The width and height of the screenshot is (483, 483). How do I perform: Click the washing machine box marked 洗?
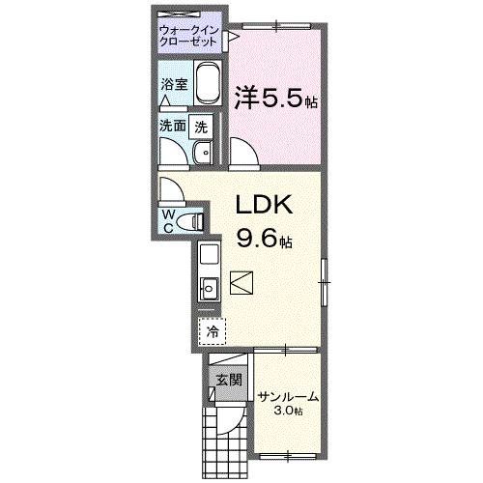200,125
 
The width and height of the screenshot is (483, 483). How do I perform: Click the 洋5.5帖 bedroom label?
276,98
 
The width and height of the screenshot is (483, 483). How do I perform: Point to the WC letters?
168,219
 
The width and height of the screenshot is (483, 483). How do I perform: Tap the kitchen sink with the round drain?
208,286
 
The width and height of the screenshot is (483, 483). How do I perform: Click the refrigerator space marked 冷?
212,329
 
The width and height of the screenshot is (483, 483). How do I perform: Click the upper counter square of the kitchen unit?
209,256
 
